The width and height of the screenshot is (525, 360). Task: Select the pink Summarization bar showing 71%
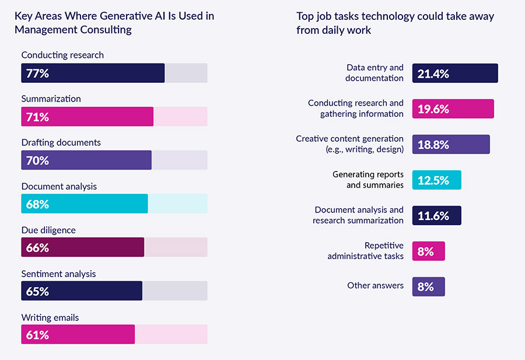(87, 117)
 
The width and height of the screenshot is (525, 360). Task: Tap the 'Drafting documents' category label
(61, 142)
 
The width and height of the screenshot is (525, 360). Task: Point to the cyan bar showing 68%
(85, 204)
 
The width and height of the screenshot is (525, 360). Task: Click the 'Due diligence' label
(48, 230)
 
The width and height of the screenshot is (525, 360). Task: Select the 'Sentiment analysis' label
(58, 274)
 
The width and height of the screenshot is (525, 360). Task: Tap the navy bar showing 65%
(82, 291)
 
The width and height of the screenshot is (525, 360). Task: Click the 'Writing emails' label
(50, 317)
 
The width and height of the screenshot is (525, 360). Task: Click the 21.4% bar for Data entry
(455, 74)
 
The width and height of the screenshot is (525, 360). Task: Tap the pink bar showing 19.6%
(453, 109)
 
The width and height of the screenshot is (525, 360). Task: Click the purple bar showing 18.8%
(451, 145)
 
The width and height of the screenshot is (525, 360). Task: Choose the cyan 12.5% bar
(436, 180)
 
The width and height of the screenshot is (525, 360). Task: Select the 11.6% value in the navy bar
(433, 216)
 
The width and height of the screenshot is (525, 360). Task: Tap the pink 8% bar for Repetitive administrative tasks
(429, 251)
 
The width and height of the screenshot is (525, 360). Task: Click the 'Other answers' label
(375, 285)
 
